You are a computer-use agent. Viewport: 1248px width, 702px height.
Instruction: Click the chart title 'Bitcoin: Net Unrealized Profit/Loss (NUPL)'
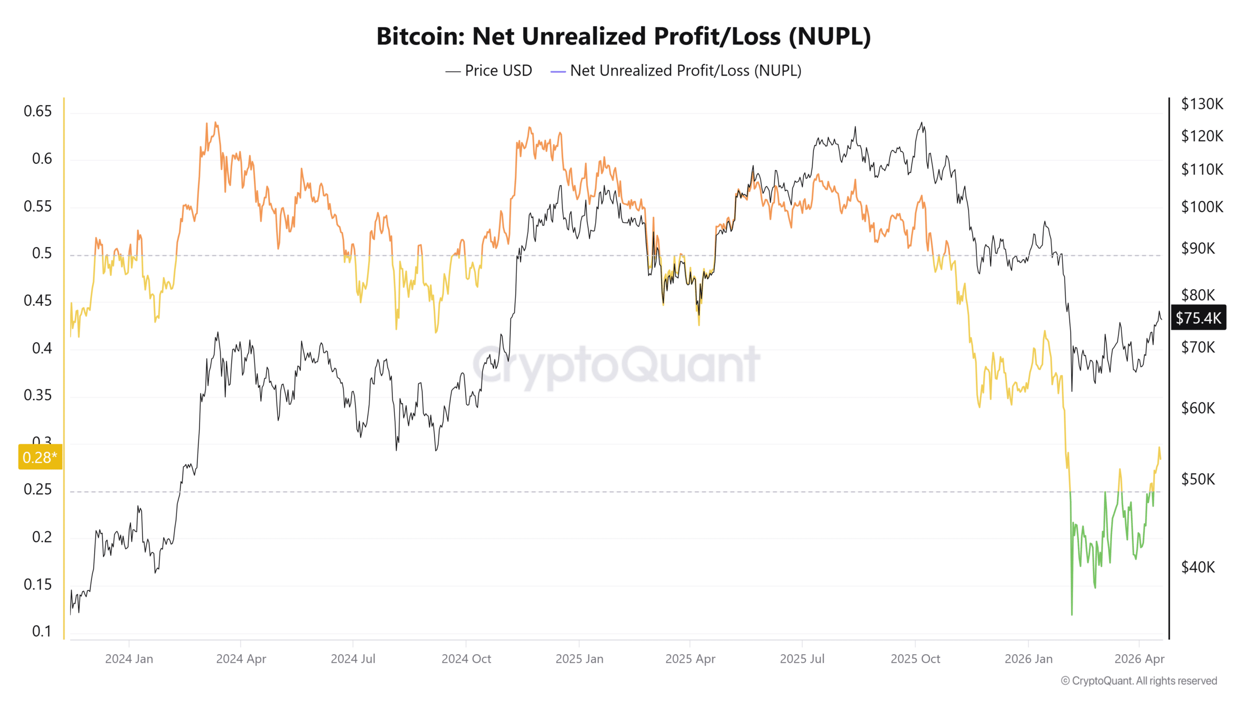[x=624, y=37]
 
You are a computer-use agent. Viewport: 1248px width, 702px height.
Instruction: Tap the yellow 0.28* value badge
[x=40, y=457]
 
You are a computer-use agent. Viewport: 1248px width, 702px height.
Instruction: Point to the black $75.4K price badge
[x=1198, y=318]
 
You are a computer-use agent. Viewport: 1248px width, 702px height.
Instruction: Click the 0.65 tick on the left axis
[x=38, y=111]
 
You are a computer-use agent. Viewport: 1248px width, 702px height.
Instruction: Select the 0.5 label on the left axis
[x=42, y=253]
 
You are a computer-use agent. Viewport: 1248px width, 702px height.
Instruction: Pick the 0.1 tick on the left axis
[x=42, y=631]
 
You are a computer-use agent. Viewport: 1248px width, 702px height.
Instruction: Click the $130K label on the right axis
[x=1202, y=104]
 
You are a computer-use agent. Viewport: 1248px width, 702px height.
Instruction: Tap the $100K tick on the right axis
[x=1202, y=207]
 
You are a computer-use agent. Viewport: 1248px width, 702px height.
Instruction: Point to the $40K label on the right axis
[x=1198, y=567]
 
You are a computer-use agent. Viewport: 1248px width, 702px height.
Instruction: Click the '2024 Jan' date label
[x=129, y=659]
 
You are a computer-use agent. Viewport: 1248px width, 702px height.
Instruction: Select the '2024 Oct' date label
[x=466, y=659]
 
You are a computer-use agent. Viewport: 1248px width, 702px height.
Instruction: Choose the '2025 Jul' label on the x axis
[x=802, y=659]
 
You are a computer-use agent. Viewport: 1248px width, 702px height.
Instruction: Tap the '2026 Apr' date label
[x=1139, y=659]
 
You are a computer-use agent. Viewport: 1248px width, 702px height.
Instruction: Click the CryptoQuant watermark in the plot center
[x=616, y=365]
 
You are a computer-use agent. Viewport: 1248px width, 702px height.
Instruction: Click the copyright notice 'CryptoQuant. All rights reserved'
[x=1139, y=681]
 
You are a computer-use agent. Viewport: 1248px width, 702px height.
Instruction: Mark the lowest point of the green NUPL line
[x=1072, y=614]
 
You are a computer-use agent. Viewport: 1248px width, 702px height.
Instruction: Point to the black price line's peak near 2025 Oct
[x=921, y=122]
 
